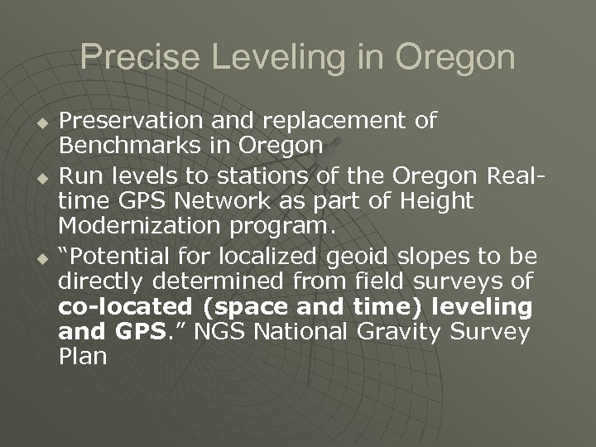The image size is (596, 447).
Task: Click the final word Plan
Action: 83,358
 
